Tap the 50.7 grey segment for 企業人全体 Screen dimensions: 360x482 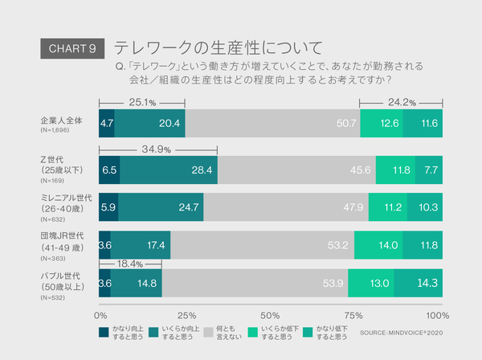pyautogui.click(x=273, y=123)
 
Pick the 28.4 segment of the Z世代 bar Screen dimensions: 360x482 pyautogui.click(x=169, y=170)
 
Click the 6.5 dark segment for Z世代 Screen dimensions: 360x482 pyautogui.click(x=109, y=170)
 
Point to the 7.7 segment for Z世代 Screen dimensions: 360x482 pyautogui.click(x=429, y=170)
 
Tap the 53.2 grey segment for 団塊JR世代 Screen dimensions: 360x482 pyautogui.click(x=261, y=245)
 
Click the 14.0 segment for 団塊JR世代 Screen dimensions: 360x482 pyautogui.click(x=378, y=245)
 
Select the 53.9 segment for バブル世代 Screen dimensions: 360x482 pyautogui.click(x=255, y=283)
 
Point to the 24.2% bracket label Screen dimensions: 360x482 pyautogui.click(x=401, y=103)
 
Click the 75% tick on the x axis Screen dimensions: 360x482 pyautogui.click(x=353, y=314)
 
